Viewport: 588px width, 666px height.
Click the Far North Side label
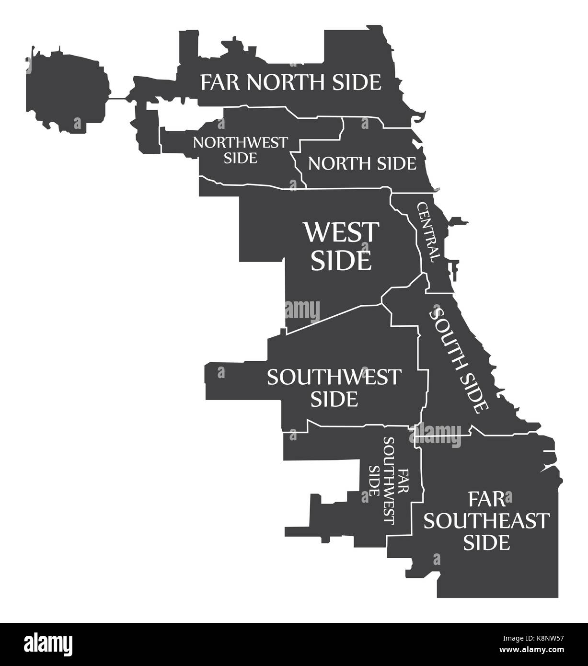(x=291, y=82)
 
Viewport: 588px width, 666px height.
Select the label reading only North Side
(x=362, y=164)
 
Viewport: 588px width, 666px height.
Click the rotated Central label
(x=428, y=232)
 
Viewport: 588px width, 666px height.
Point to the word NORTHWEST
(x=241, y=143)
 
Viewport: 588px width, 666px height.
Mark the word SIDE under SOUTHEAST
(x=487, y=543)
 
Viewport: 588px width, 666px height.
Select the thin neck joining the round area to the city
(x=118, y=99)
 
